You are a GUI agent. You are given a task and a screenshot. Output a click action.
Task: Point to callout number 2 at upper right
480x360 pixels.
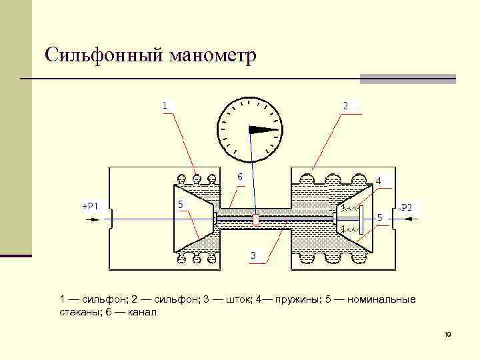coord(345,105)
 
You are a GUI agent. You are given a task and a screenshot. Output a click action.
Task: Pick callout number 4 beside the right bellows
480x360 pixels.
coord(379,181)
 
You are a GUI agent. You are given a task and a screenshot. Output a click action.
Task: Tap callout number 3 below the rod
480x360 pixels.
coord(253,255)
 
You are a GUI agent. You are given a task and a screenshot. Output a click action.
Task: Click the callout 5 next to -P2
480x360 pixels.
coord(380,217)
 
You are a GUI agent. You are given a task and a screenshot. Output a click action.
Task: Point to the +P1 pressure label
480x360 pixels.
coord(90,206)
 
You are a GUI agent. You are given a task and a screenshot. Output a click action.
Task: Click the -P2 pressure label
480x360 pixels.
coord(405,208)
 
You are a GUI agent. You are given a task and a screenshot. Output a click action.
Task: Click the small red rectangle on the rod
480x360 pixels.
coord(255,219)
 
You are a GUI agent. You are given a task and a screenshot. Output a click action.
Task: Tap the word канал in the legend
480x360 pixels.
coord(140,312)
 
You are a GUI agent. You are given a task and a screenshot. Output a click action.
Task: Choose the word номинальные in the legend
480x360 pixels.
coord(381,299)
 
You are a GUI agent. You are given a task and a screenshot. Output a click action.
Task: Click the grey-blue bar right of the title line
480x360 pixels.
coord(407,79)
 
